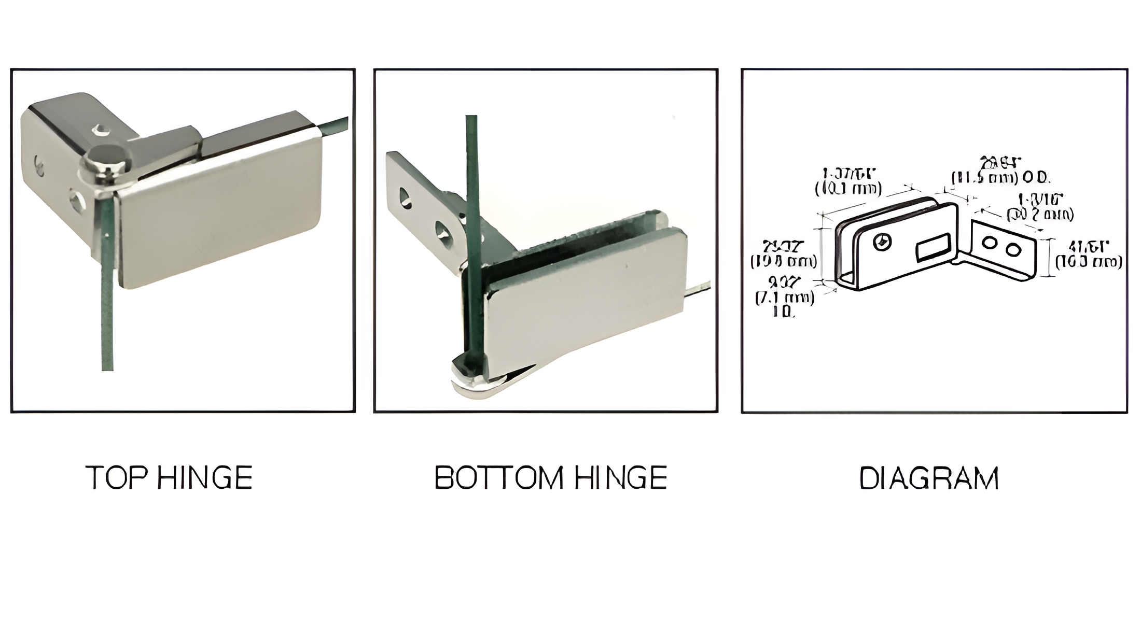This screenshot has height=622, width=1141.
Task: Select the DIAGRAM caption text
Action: pos(929,478)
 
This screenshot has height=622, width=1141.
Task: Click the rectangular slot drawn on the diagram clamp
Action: pos(933,247)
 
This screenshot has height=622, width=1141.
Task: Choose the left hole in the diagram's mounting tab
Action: pos(990,243)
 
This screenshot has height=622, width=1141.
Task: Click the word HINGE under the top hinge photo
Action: pos(204,478)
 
